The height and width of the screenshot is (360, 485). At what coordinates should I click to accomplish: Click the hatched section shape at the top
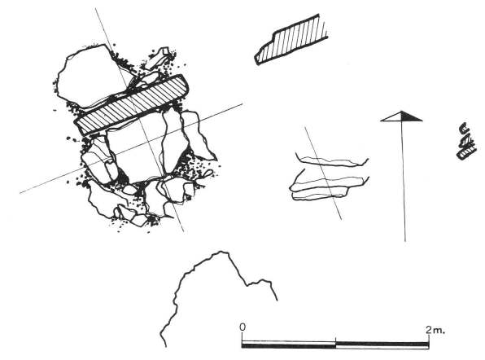289,41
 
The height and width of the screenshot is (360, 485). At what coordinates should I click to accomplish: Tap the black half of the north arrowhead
413,117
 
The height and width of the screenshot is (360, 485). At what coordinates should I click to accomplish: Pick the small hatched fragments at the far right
465,142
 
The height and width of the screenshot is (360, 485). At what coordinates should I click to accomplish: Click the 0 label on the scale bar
242,327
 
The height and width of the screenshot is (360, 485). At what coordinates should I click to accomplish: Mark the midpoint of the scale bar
335,344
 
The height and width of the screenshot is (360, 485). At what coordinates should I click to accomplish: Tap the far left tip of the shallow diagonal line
20,192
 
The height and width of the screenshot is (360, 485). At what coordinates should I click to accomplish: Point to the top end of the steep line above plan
96,9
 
